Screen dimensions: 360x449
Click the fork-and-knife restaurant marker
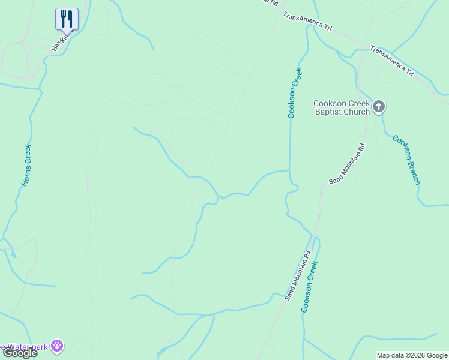[67, 19]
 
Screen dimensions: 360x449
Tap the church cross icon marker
[378, 107]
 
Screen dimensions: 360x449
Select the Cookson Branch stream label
[406, 160]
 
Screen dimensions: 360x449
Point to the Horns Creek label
[27, 165]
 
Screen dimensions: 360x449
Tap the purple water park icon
[57, 346]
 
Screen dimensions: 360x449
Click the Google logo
[19, 353]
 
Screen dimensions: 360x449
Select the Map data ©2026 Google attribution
[412, 355]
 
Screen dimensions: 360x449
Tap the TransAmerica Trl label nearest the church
[392, 61]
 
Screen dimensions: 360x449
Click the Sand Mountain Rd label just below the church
[347, 163]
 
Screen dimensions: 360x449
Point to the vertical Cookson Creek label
[294, 93]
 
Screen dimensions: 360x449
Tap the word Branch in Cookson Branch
[411, 169]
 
